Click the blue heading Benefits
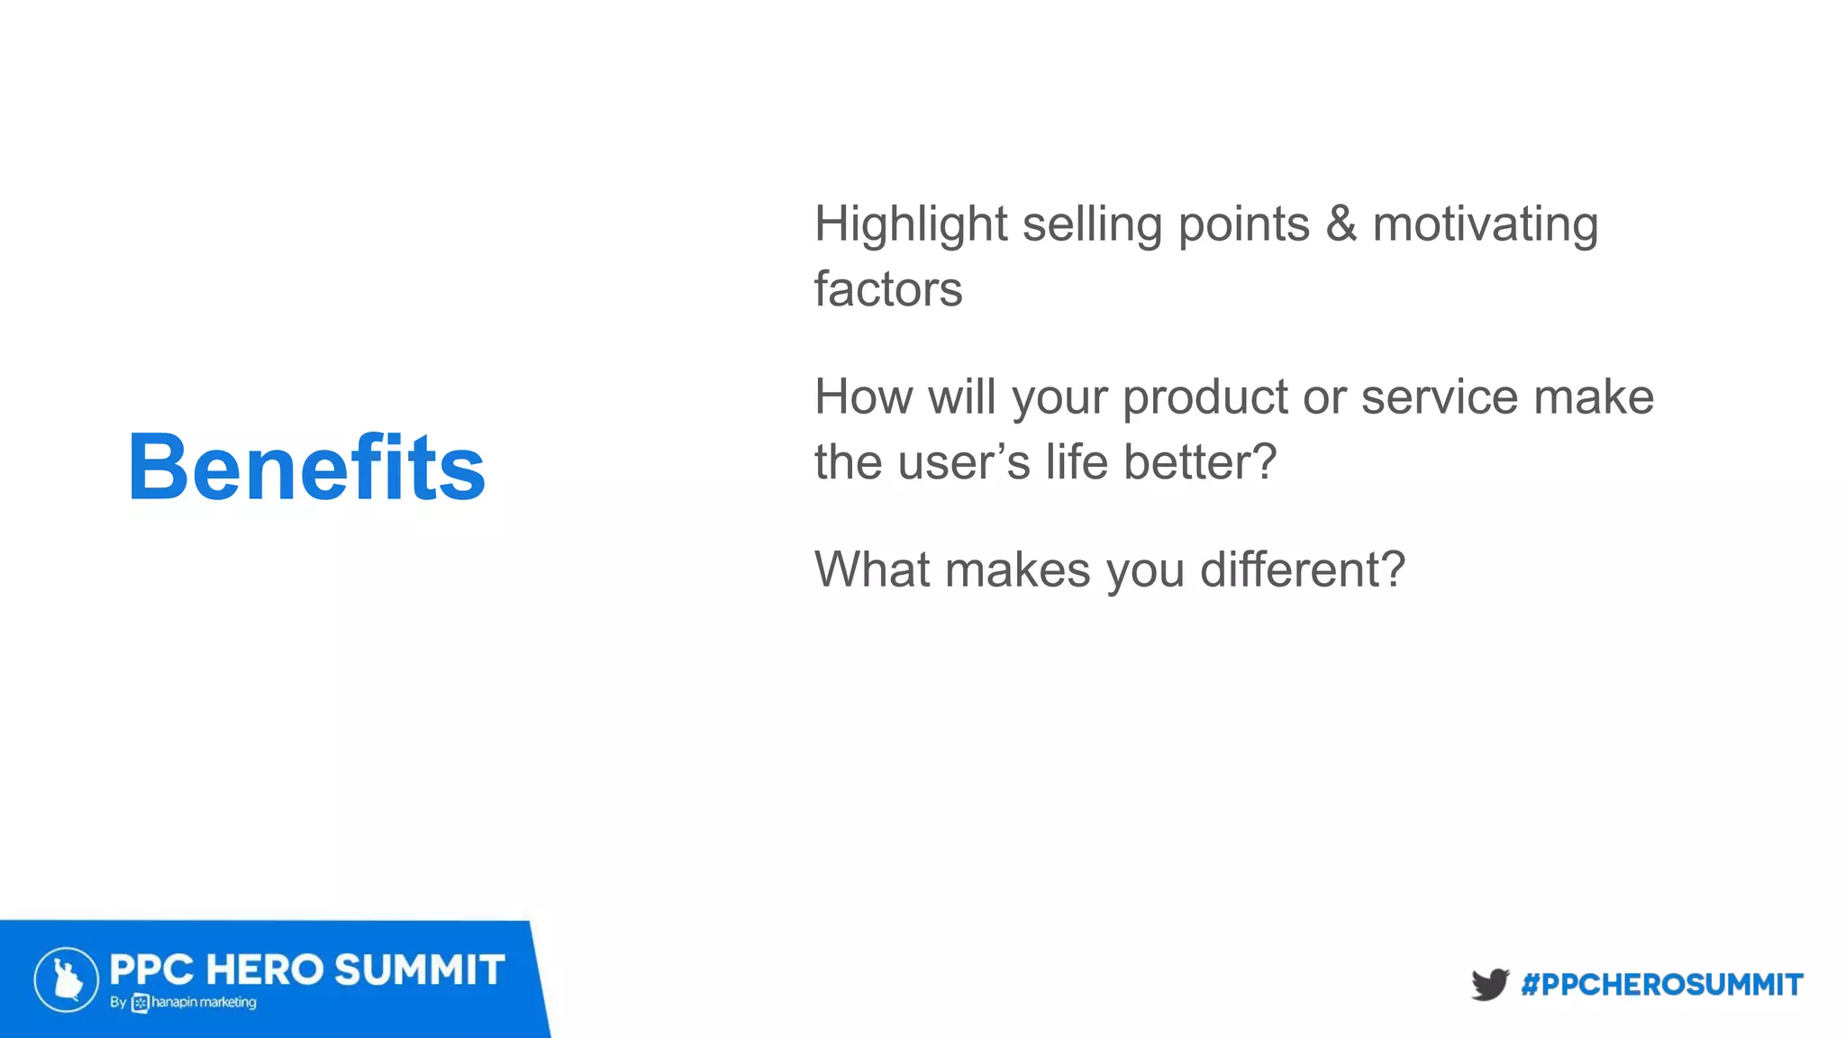(x=306, y=468)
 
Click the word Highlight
(x=910, y=225)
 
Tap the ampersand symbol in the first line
(x=1341, y=224)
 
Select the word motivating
(x=1485, y=225)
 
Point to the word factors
(x=888, y=290)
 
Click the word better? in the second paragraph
(x=1199, y=463)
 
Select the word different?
(x=1302, y=570)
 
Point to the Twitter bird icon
(x=1490, y=984)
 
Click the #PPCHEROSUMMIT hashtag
(x=1661, y=985)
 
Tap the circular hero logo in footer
(x=67, y=979)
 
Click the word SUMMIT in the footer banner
(x=419, y=970)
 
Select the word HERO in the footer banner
(x=264, y=970)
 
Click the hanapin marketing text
(x=204, y=1003)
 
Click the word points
(x=1243, y=225)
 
